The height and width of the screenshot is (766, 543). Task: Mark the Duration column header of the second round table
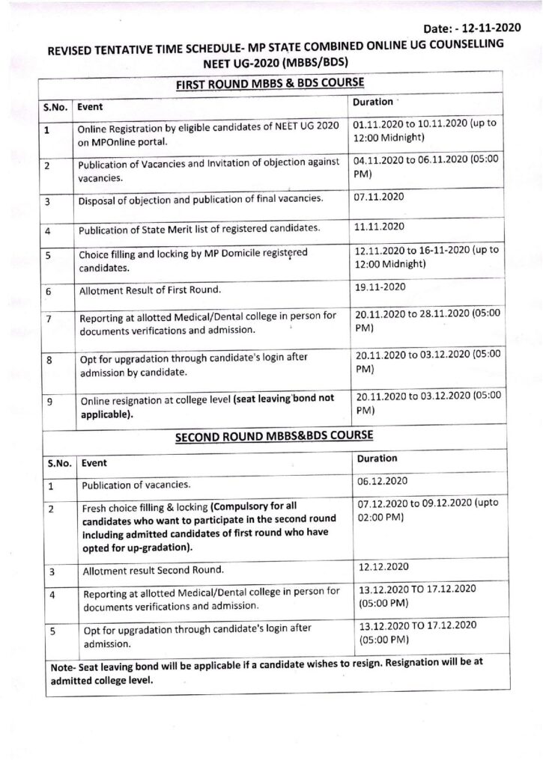377,458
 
